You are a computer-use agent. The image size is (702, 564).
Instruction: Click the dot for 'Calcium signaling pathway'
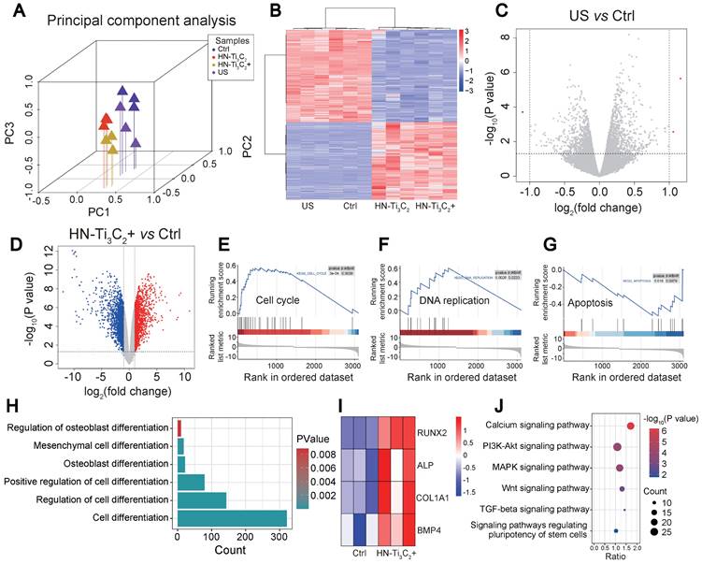630,427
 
